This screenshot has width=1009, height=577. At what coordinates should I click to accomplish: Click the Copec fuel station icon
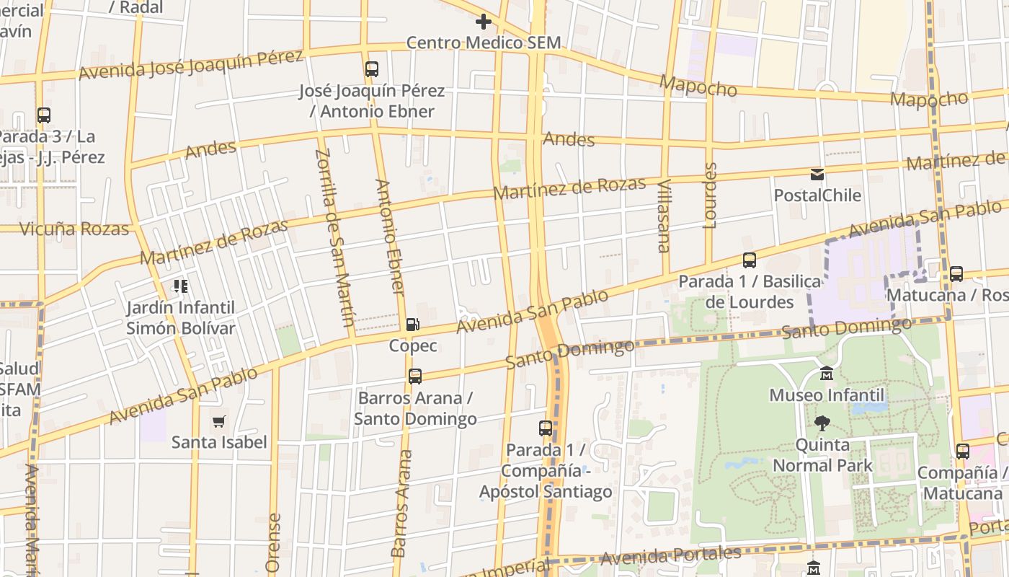(x=412, y=325)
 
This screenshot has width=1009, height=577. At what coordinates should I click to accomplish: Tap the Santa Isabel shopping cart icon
(x=219, y=421)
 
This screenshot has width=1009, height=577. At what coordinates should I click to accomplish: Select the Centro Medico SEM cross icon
(x=483, y=22)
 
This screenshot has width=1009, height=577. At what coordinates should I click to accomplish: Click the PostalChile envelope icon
(x=817, y=174)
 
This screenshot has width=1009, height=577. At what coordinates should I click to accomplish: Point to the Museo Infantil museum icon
(x=827, y=374)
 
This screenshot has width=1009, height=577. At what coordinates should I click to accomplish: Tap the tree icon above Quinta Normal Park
(x=821, y=423)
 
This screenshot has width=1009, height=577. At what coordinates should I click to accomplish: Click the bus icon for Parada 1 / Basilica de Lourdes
(x=750, y=260)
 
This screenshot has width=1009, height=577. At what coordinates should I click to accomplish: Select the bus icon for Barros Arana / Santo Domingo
(x=415, y=376)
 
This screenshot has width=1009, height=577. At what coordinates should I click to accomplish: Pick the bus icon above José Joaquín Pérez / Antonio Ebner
(x=372, y=69)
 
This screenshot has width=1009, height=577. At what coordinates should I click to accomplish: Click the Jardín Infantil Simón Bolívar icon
(x=181, y=286)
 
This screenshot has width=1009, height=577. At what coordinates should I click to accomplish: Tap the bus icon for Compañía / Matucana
(x=963, y=452)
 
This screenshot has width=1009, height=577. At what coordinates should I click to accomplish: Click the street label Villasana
(x=664, y=216)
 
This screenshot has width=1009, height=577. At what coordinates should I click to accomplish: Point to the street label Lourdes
(x=711, y=195)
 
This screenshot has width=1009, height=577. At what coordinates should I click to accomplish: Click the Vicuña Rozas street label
(x=74, y=229)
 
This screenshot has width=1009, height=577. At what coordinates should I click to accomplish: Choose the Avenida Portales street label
(x=670, y=556)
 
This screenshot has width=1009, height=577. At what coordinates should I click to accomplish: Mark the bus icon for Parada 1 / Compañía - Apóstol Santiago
(x=546, y=428)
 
